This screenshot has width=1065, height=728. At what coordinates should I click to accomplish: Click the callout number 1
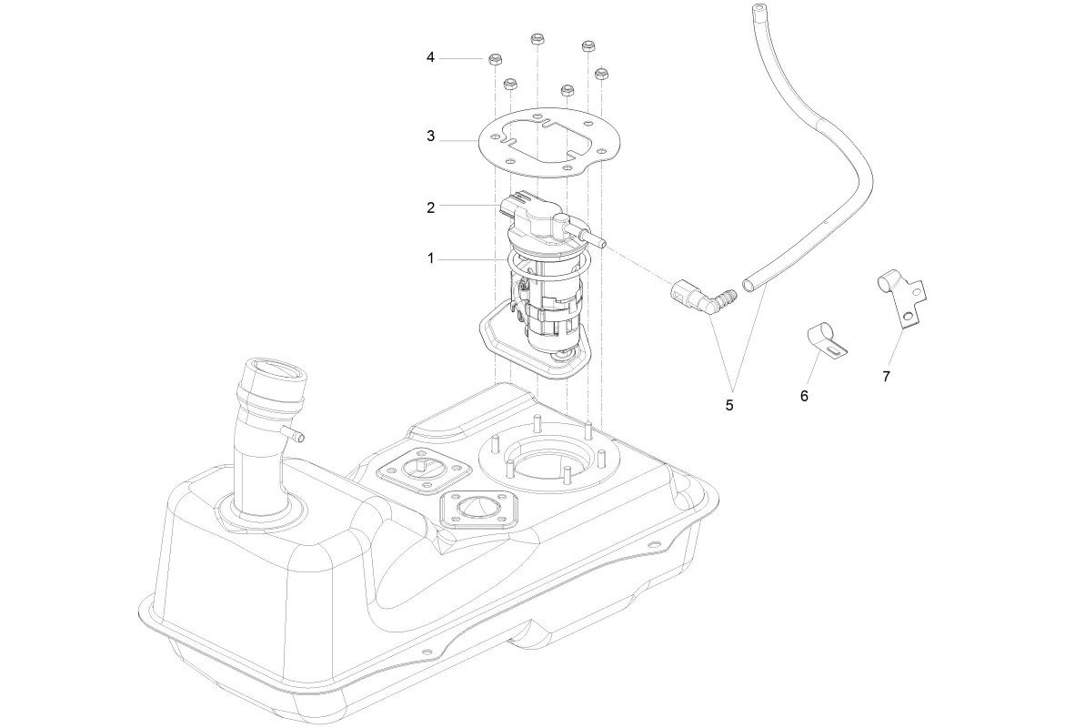point(431,259)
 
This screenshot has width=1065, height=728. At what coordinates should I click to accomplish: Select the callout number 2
point(431,207)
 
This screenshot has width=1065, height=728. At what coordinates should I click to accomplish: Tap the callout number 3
point(431,136)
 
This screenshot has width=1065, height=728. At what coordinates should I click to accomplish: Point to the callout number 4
point(431,58)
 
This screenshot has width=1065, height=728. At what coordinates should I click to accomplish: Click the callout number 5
point(729,404)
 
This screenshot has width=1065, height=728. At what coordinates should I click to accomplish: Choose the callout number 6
point(804,396)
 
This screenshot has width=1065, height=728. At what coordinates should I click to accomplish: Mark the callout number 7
point(886,374)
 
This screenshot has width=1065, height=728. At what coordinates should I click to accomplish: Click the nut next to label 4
point(497,60)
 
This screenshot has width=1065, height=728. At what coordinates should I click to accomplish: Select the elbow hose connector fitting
point(700,299)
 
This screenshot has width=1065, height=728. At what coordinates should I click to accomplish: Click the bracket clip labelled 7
point(900,296)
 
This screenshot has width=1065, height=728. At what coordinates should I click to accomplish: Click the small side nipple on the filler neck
point(292,432)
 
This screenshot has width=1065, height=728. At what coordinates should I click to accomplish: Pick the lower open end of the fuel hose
point(749,285)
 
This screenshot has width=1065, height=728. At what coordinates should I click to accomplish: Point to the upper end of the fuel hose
point(757,13)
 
